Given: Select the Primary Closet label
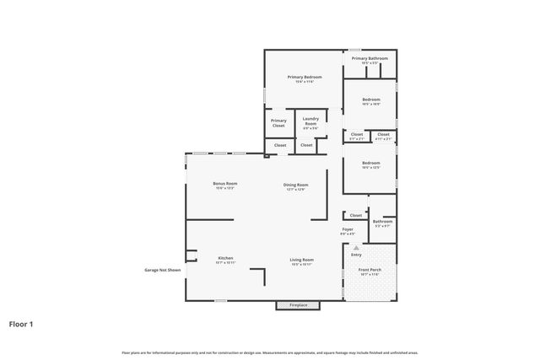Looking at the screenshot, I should tap(278, 122).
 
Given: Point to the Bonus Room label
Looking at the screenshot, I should tap(224, 185).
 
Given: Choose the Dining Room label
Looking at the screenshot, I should tap(295, 185).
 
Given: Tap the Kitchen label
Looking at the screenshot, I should tap(225, 260).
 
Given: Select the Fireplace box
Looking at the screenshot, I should tap(299, 304).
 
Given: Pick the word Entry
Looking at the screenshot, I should tap(355, 255).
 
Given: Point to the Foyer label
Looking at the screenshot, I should tap(348, 230).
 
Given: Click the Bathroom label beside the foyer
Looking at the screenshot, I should tap(382, 223).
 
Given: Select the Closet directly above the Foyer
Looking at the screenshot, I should tap(355, 215).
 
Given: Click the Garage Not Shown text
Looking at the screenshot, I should tap(162, 270).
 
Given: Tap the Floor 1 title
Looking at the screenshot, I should tap(21, 323).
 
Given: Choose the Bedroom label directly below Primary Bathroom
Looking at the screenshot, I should tap(371, 100).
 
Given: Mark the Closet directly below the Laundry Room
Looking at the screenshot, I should tap(306, 145).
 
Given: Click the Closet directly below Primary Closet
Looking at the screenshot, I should tap(279, 145).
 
